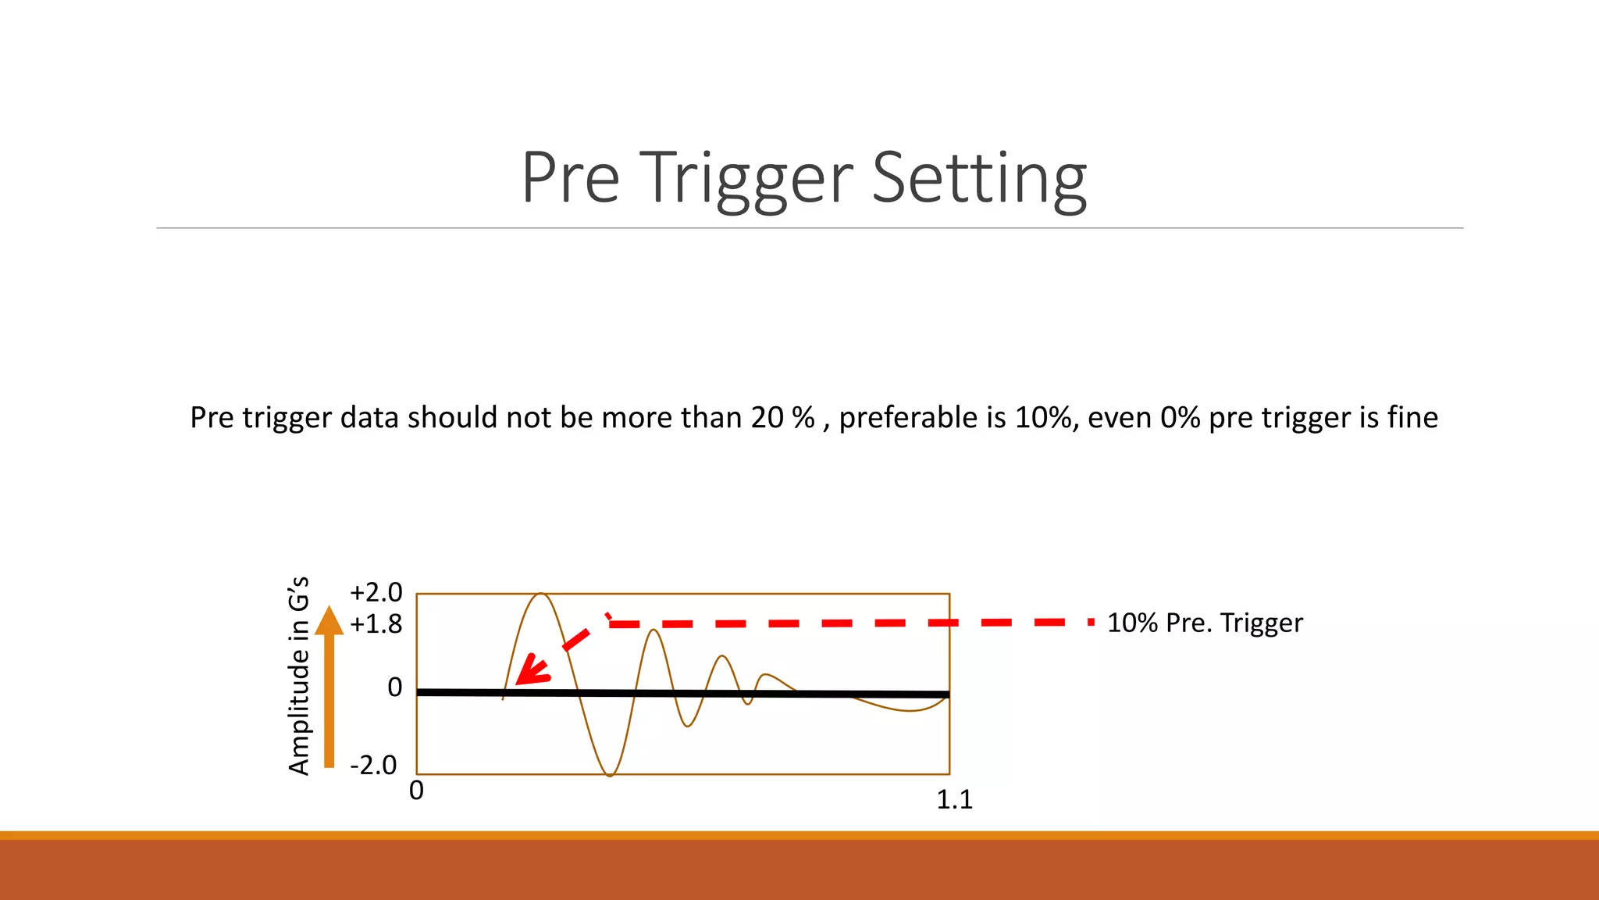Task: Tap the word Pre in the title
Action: point(571,178)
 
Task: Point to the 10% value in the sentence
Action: point(1043,418)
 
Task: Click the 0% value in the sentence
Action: point(1180,418)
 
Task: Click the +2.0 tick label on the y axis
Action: point(376,592)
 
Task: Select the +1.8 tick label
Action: point(376,624)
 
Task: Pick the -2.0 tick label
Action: point(373,765)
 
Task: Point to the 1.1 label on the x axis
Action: point(954,799)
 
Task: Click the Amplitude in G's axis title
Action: point(299,677)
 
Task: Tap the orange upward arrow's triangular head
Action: point(329,621)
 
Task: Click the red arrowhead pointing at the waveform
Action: point(532,670)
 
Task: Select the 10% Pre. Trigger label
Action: point(1205,623)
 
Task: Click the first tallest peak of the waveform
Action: point(541,595)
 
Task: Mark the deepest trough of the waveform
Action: point(611,773)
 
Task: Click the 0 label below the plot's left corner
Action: point(416,790)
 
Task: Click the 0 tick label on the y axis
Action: point(395,687)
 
